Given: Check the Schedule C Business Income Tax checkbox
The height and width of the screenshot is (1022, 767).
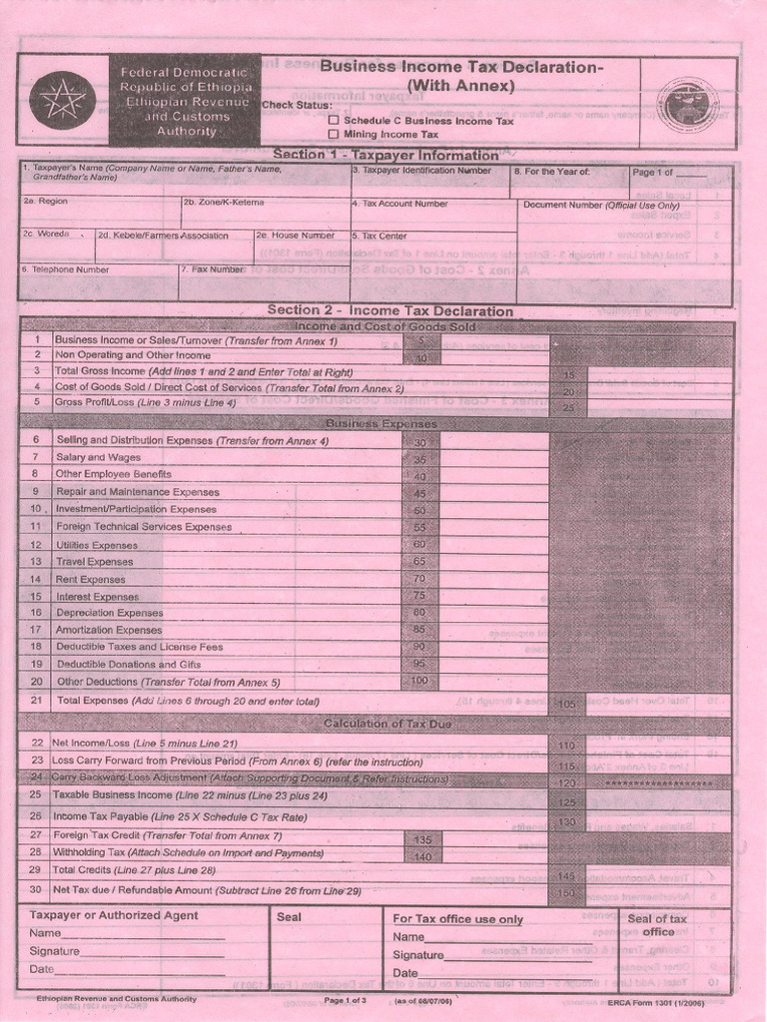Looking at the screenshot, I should (x=334, y=120).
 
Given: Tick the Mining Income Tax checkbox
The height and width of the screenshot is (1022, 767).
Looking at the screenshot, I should (x=334, y=134).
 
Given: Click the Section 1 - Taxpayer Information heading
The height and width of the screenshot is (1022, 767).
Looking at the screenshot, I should (x=384, y=155).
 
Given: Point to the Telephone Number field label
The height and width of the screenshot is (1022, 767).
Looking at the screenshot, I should (x=66, y=269).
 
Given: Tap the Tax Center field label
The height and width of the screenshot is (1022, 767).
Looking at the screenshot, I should (x=379, y=237).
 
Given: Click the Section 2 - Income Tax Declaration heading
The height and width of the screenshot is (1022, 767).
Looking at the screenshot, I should (x=389, y=310).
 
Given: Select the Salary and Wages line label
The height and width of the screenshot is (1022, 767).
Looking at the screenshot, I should (x=99, y=457).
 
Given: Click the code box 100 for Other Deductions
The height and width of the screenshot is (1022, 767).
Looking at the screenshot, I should (x=419, y=681).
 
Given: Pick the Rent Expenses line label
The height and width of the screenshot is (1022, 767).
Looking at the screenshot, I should (x=91, y=579).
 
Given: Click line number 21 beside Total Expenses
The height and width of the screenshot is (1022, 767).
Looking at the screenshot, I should (x=37, y=701).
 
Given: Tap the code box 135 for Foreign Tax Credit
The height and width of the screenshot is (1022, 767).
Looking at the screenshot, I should (x=421, y=839).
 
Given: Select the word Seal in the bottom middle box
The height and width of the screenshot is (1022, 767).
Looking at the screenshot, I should (x=289, y=916).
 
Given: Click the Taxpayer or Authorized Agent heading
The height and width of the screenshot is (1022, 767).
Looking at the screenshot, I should (x=114, y=915).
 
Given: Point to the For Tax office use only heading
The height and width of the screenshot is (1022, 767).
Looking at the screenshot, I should (x=457, y=919).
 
